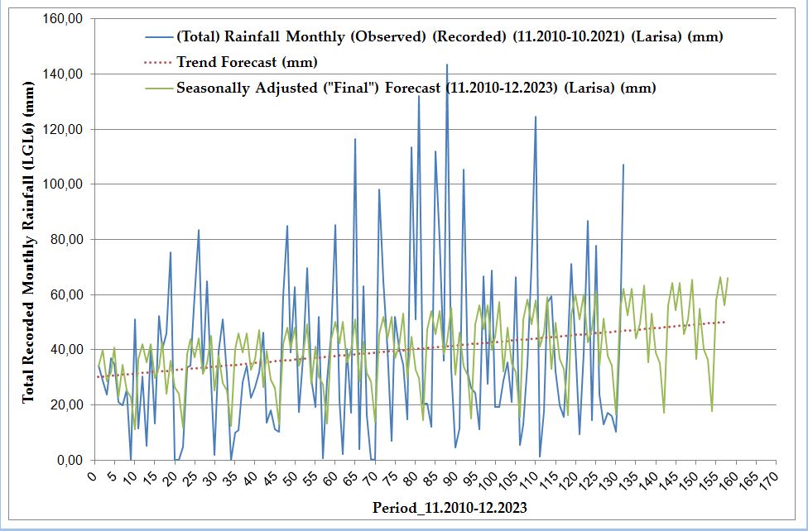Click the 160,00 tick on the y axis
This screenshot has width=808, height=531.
point(63,19)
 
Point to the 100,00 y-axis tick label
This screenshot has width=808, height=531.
point(63,184)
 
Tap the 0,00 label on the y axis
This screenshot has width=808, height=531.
point(68,460)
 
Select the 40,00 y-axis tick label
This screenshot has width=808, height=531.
point(65,350)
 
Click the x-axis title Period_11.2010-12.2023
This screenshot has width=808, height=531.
point(450,507)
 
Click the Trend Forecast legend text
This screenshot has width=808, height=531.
point(247,62)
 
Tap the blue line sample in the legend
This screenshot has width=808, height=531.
point(156,37)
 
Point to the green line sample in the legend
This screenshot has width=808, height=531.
point(156,88)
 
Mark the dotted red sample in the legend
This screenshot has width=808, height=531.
point(156,62)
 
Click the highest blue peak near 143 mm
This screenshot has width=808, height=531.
point(447,65)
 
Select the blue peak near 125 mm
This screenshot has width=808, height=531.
point(536,117)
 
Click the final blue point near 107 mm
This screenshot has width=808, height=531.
point(623,165)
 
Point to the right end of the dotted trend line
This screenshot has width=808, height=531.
point(724,322)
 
